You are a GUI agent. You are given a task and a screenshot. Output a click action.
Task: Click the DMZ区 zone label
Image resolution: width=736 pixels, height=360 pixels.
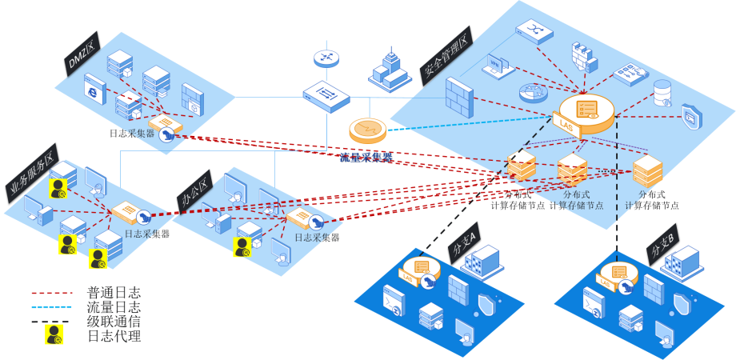(x=81, y=56)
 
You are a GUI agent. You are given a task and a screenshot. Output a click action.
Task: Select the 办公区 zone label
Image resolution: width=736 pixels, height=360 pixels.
(x=194, y=193)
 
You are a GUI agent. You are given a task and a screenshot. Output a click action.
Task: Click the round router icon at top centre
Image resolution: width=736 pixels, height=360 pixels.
(x=326, y=58)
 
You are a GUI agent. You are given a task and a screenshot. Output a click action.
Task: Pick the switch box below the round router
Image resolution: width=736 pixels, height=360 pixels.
(x=326, y=96)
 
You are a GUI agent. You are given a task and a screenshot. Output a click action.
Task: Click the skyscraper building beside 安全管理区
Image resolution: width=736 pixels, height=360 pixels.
(x=390, y=70)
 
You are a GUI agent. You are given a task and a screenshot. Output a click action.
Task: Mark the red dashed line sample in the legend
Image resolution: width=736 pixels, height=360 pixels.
(x=53, y=294)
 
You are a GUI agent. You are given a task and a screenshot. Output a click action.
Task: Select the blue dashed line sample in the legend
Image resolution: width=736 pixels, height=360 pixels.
(x=53, y=307)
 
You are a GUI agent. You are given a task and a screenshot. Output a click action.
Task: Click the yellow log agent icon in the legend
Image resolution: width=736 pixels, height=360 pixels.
(x=54, y=335)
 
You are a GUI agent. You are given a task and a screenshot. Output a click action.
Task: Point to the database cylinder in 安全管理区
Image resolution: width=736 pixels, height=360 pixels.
(x=662, y=93)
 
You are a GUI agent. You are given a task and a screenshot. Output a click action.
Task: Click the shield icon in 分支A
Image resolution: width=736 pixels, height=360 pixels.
(x=486, y=303)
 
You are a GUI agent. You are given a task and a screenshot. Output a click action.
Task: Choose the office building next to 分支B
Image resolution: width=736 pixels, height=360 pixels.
(x=682, y=263)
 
